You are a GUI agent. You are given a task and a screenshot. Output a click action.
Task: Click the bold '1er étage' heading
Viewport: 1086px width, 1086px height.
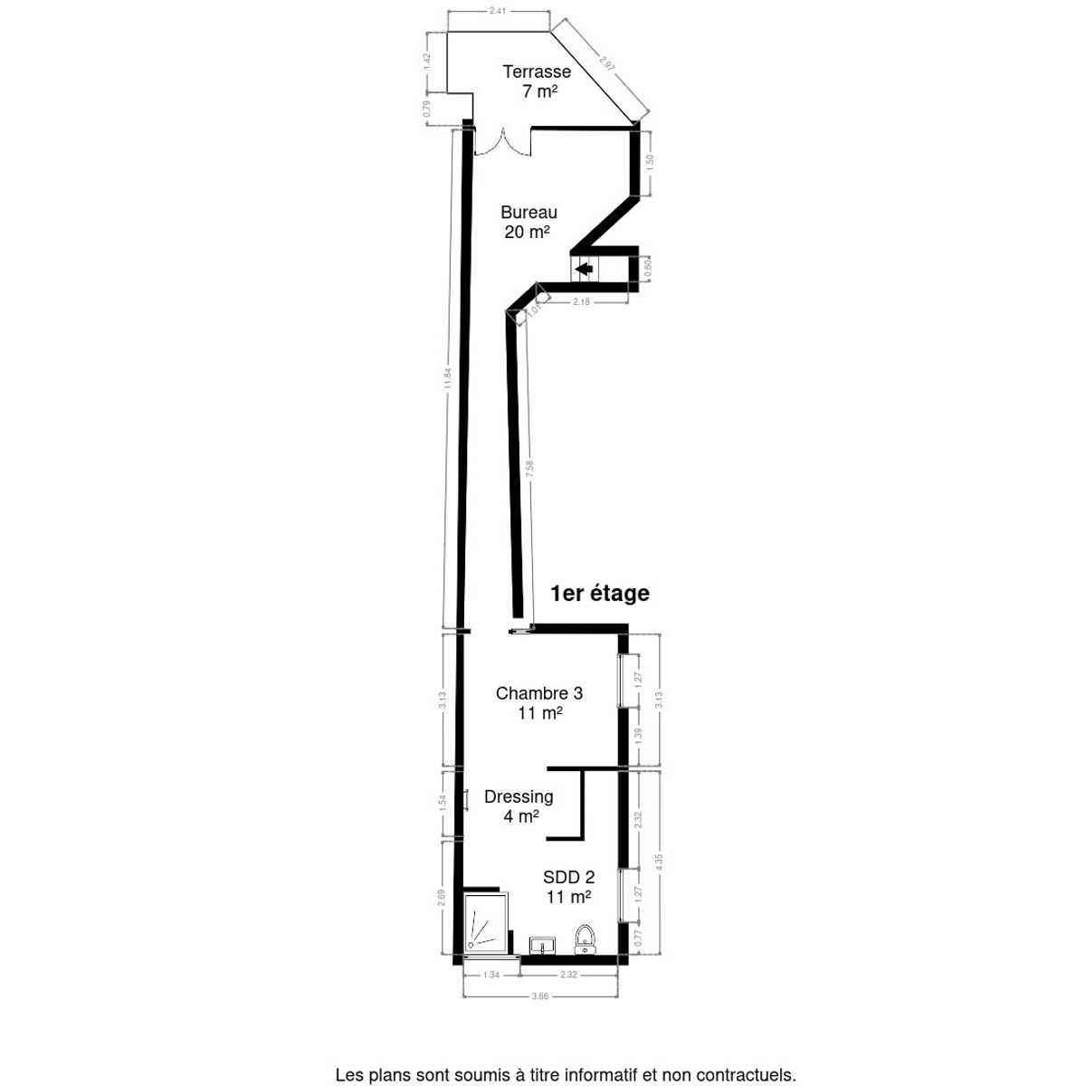click(x=601, y=594)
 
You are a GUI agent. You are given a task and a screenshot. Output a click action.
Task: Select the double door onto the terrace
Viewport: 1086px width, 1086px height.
click(x=500, y=143)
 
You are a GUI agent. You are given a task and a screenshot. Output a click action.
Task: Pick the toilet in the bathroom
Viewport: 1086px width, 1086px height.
click(x=586, y=940)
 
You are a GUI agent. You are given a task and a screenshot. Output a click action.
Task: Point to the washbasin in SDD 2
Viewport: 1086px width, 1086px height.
click(x=543, y=946)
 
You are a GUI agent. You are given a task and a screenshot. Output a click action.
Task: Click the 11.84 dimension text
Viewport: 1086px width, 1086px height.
click(x=447, y=378)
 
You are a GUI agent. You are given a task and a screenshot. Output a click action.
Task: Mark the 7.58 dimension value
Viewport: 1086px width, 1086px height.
click(x=530, y=470)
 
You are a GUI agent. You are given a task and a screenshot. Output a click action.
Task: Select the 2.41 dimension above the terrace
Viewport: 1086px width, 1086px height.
click(x=497, y=12)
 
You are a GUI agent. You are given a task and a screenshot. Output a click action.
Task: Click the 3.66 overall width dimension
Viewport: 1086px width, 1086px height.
click(x=539, y=996)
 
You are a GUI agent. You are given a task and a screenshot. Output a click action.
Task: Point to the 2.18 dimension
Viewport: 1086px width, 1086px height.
click(x=581, y=301)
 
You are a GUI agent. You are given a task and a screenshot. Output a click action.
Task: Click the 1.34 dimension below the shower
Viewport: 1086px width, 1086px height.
click(x=491, y=975)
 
